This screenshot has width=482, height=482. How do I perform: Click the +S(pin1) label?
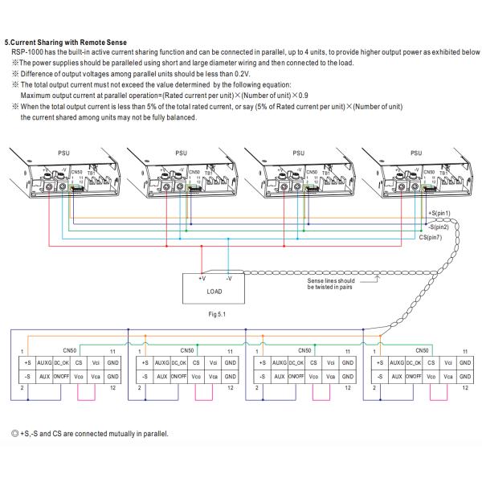[439, 212]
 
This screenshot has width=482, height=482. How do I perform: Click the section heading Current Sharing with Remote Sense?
[65, 42]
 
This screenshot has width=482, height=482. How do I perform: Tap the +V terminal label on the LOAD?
[201, 277]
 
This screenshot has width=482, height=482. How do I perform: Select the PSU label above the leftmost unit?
[63, 150]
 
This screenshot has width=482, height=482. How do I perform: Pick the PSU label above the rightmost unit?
[415, 150]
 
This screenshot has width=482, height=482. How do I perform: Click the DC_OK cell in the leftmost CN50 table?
[62, 363]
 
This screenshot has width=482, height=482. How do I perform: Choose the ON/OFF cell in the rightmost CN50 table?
[415, 376]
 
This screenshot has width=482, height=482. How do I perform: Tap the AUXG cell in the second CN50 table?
[161, 363]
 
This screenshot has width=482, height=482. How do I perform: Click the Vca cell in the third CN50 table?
[330, 376]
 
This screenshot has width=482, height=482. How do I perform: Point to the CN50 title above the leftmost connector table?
[69, 350]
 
